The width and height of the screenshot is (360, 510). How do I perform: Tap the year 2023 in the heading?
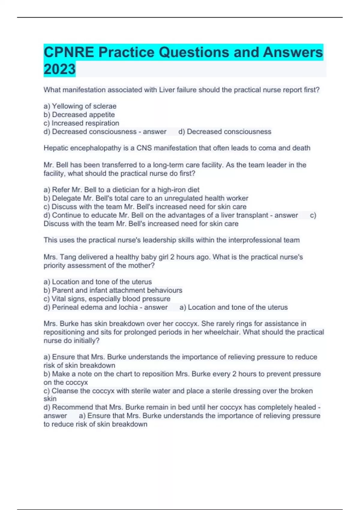[x=59, y=69]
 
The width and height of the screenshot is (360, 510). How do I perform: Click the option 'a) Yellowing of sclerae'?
[x=80, y=106]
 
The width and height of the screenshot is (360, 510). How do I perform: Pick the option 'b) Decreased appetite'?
[x=79, y=115]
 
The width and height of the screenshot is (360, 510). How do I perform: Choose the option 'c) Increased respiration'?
[x=81, y=123]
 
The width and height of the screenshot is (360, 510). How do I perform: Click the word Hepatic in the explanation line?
[x=56, y=148]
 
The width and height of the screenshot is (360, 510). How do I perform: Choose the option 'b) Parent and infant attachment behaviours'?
[x=113, y=290]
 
